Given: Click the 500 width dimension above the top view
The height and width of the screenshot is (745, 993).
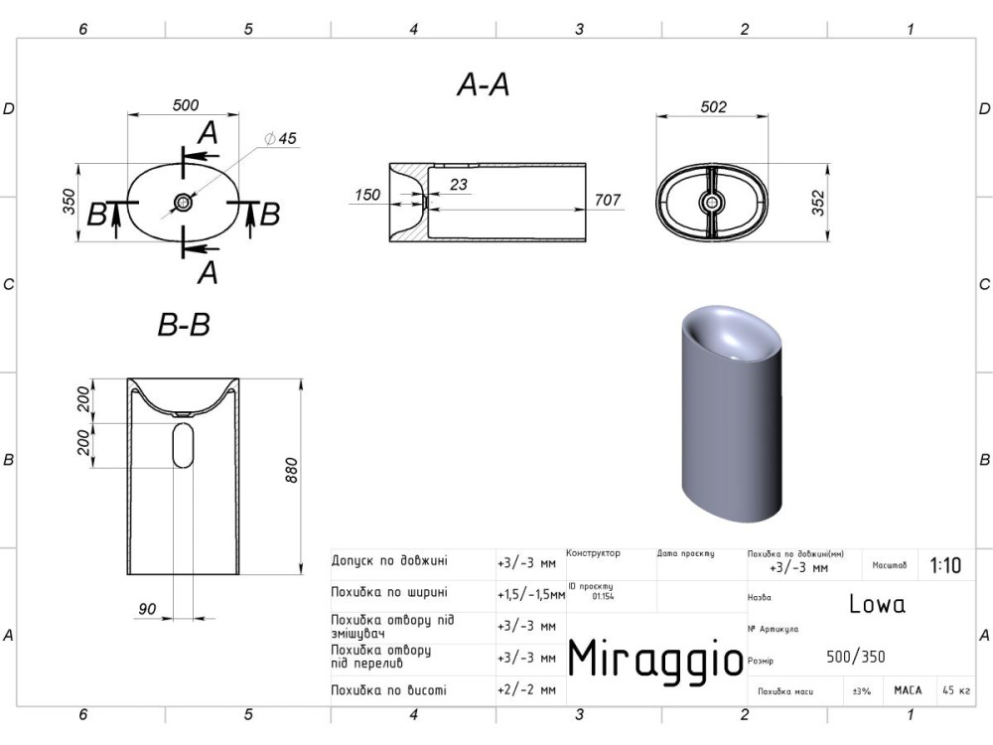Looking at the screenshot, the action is (x=186, y=104).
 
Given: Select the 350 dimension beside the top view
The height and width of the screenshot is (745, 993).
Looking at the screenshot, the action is (x=70, y=202).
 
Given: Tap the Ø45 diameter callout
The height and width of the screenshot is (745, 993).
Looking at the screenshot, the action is (x=281, y=138).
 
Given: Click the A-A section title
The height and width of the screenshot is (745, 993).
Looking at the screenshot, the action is (x=484, y=84).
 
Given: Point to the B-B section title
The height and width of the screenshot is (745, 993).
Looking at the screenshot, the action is (x=184, y=325).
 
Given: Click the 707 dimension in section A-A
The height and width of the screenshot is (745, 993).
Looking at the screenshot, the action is (x=608, y=200).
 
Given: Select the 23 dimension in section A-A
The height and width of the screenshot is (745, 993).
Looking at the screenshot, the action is (x=459, y=185).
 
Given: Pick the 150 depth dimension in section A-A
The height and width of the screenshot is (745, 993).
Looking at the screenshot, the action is (x=367, y=195).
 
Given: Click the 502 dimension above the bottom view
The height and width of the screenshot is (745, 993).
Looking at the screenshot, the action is (x=714, y=106).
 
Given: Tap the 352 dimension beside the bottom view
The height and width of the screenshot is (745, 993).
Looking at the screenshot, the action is (x=818, y=203).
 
